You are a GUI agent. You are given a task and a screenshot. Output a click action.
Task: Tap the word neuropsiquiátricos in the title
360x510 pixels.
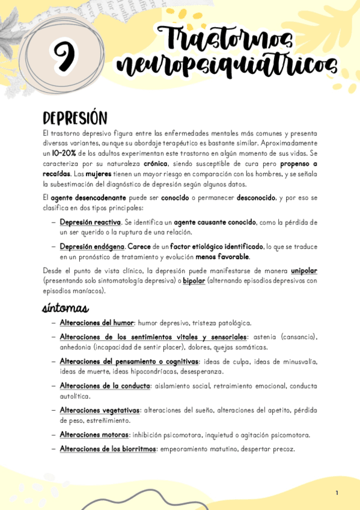(x=227, y=66)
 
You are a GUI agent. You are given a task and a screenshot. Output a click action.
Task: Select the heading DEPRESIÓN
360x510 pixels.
(x=75, y=117)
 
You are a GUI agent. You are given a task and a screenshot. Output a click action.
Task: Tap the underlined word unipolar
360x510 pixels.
(x=304, y=271)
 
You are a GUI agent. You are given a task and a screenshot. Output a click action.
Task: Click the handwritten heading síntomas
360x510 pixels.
(x=66, y=309)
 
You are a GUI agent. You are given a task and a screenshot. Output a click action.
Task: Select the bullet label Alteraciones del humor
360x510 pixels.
(x=96, y=323)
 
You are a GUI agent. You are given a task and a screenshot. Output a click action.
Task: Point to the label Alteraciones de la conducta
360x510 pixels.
(x=105, y=386)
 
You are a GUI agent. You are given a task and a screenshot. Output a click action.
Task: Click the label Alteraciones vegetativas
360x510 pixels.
(x=100, y=410)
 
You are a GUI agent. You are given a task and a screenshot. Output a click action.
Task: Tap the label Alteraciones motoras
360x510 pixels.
(x=94, y=435)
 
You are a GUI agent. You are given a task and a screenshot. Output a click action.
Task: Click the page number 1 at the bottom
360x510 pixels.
(x=337, y=493)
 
